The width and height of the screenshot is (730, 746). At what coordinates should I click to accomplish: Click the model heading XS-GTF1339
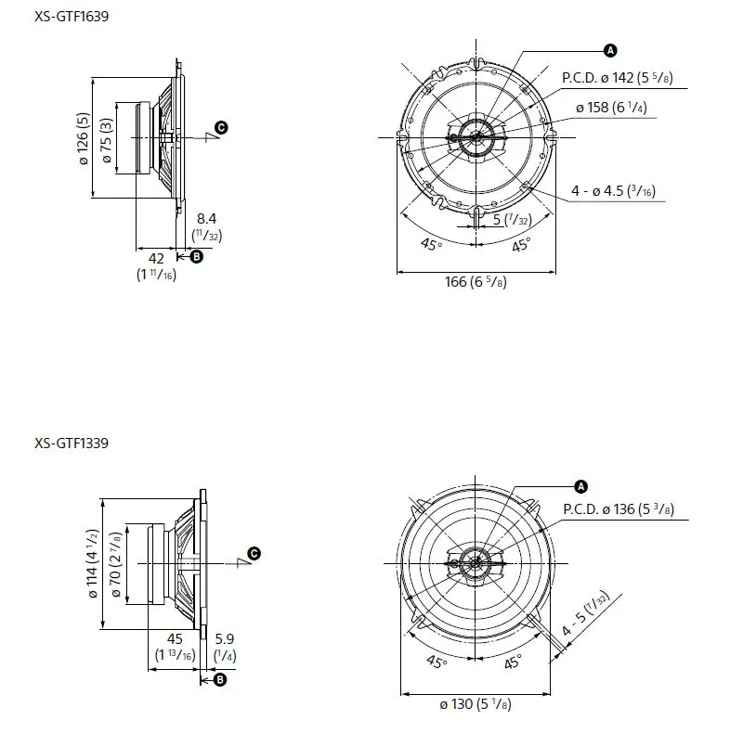click(72, 443)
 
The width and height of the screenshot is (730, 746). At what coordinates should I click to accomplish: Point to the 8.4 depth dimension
click(207, 219)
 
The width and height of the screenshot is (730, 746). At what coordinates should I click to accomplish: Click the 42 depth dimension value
click(156, 257)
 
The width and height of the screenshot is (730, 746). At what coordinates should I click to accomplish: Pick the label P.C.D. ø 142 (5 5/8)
click(616, 78)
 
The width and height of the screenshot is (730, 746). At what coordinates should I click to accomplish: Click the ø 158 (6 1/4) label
click(610, 108)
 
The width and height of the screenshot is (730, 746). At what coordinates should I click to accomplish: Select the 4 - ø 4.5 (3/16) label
click(613, 192)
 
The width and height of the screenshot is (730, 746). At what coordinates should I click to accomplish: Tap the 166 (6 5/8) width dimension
click(474, 282)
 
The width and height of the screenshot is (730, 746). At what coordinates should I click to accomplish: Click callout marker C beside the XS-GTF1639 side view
click(221, 127)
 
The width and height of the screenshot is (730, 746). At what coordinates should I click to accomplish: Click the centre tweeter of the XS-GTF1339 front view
click(476, 562)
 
